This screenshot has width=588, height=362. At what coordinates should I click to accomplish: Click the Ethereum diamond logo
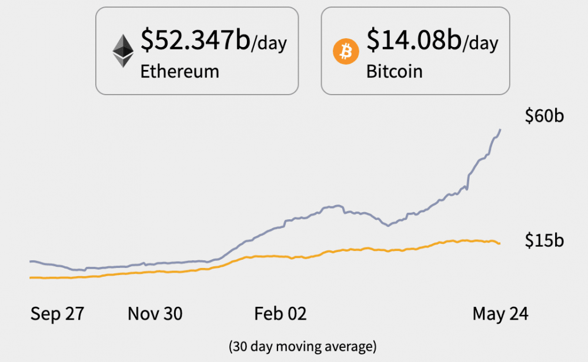[123, 51]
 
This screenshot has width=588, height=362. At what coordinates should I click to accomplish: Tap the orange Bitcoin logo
[346, 52]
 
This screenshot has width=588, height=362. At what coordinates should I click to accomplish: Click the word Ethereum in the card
[179, 72]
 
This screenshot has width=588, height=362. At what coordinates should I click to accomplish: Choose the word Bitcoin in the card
[394, 72]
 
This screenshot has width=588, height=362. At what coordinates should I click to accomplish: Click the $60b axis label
[544, 116]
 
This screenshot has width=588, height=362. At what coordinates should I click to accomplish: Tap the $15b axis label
[544, 240]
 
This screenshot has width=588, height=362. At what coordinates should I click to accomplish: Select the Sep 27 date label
[57, 314]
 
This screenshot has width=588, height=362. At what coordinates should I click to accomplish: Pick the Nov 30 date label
[155, 314]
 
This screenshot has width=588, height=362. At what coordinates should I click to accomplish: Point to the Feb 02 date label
[280, 314]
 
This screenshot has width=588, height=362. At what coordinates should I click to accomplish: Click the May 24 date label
[500, 314]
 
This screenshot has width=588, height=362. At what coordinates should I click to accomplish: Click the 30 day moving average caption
[302, 346]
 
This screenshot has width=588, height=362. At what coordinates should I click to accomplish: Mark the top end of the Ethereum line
[500, 130]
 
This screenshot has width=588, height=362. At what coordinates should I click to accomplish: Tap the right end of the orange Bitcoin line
[499, 243]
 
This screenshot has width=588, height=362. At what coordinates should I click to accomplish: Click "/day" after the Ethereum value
[269, 44]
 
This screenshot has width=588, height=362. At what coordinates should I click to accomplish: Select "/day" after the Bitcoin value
[480, 44]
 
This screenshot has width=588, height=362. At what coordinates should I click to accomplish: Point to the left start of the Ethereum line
[31, 261]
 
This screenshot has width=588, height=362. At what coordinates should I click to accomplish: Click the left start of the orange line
[31, 277]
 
